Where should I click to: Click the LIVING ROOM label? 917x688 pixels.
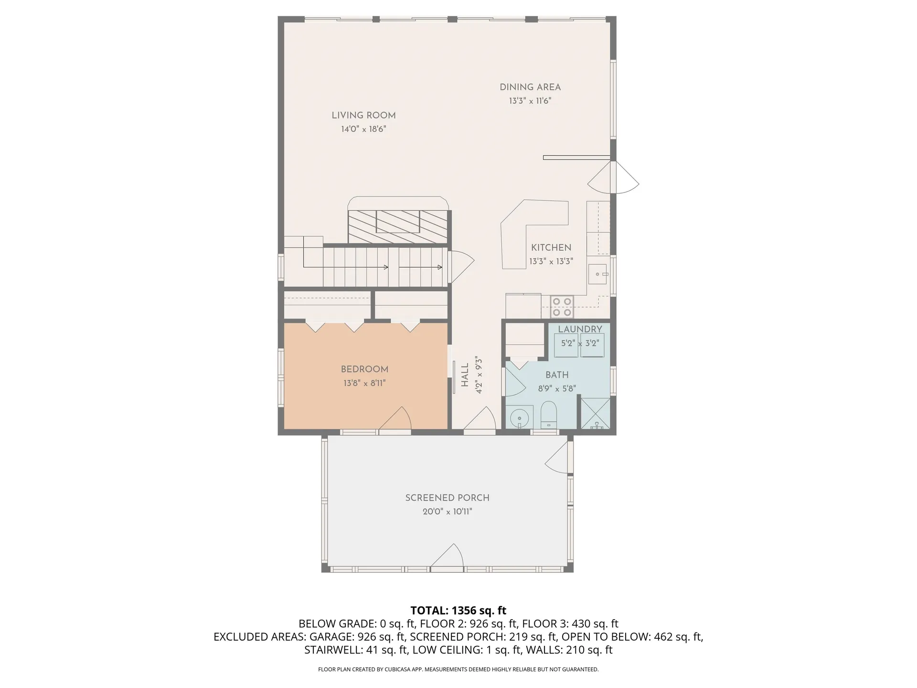363,115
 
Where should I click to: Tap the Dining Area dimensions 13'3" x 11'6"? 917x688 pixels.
530,101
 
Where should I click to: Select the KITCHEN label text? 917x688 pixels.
551,247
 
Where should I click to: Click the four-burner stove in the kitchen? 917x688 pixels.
562,307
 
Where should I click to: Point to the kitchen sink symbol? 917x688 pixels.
597,274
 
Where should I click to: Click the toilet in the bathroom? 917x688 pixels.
548,415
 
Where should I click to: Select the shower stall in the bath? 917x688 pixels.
595,414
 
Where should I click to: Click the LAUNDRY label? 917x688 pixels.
580,329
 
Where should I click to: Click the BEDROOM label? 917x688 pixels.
364,369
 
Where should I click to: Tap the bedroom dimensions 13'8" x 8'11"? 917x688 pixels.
364,383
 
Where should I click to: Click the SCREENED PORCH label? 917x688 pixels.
447,498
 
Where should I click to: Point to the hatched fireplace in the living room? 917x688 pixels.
398,226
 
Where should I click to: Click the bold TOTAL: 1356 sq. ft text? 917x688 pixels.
458,611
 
